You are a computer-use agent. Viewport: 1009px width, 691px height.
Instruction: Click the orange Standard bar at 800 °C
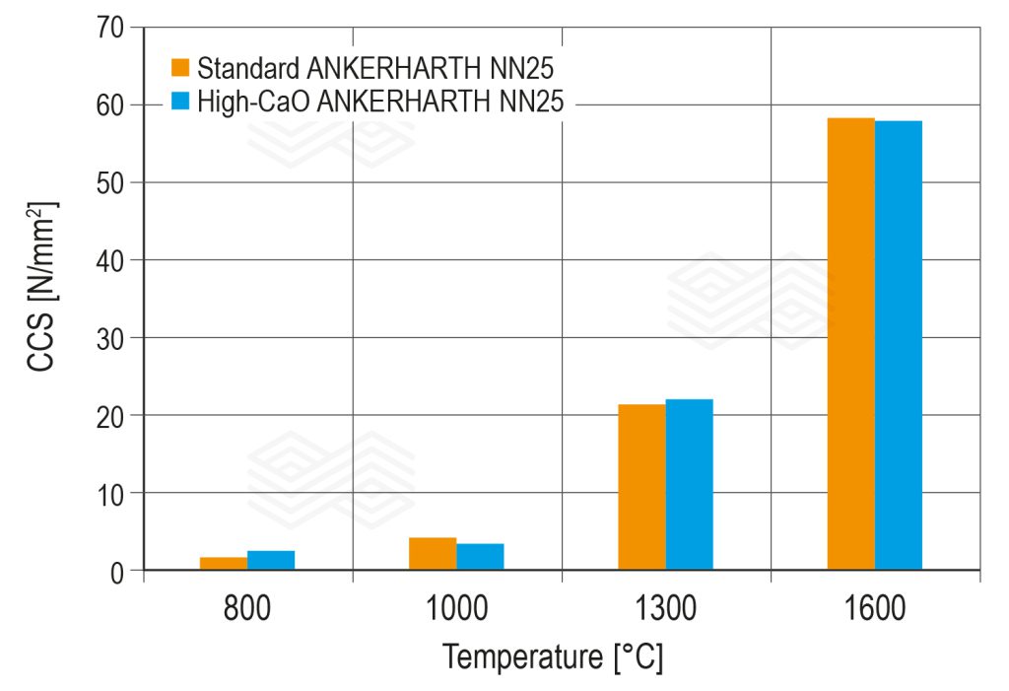[224, 564]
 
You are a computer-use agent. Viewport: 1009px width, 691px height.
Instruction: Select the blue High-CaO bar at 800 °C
[271, 560]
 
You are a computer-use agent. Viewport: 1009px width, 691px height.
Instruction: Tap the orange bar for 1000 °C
[433, 554]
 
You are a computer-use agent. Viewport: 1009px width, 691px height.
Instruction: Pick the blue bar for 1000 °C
[480, 557]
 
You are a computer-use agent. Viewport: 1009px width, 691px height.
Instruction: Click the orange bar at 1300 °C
[641, 487]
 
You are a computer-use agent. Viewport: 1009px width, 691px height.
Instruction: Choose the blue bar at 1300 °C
[689, 484]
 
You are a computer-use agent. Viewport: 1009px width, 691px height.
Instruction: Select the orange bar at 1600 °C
[850, 344]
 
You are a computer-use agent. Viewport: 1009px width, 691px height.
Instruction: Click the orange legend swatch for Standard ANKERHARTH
[180, 68]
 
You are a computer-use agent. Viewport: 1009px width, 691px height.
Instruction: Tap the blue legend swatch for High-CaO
[180, 101]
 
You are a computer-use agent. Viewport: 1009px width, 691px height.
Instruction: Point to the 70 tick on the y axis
[111, 28]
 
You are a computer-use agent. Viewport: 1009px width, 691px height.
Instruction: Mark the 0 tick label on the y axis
[118, 571]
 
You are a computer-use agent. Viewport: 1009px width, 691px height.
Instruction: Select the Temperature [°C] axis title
[553, 656]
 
